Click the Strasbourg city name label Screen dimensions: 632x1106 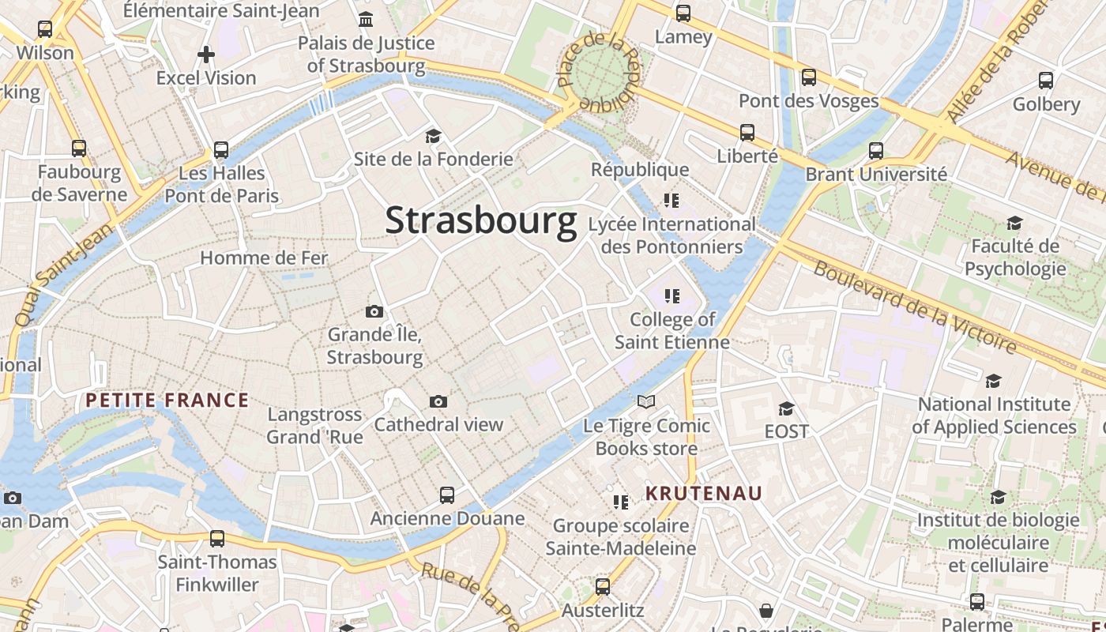coord(480,220)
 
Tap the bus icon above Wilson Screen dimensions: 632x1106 coord(45,29)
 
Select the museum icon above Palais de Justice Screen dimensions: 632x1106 coord(366,19)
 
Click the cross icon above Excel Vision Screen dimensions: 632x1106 coord(206,55)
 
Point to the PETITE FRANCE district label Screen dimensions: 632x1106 coord(167,401)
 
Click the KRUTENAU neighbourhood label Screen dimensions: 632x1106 coord(704,494)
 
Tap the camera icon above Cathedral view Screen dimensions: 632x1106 coord(438,401)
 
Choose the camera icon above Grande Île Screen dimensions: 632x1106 coord(374,311)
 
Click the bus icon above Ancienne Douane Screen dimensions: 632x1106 coord(447,495)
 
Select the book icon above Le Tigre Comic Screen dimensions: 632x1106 coord(646,402)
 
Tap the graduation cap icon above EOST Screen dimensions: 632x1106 coord(786,408)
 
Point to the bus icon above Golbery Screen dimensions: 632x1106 coord(1046,81)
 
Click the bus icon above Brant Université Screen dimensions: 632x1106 coord(876,150)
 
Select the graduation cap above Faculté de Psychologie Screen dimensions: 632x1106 coord(1014,223)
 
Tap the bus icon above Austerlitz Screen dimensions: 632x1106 coord(603,587)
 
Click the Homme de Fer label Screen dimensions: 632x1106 coord(264,258)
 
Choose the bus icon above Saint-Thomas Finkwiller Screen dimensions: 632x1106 coord(217,539)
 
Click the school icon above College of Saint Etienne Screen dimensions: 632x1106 coord(671,296)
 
